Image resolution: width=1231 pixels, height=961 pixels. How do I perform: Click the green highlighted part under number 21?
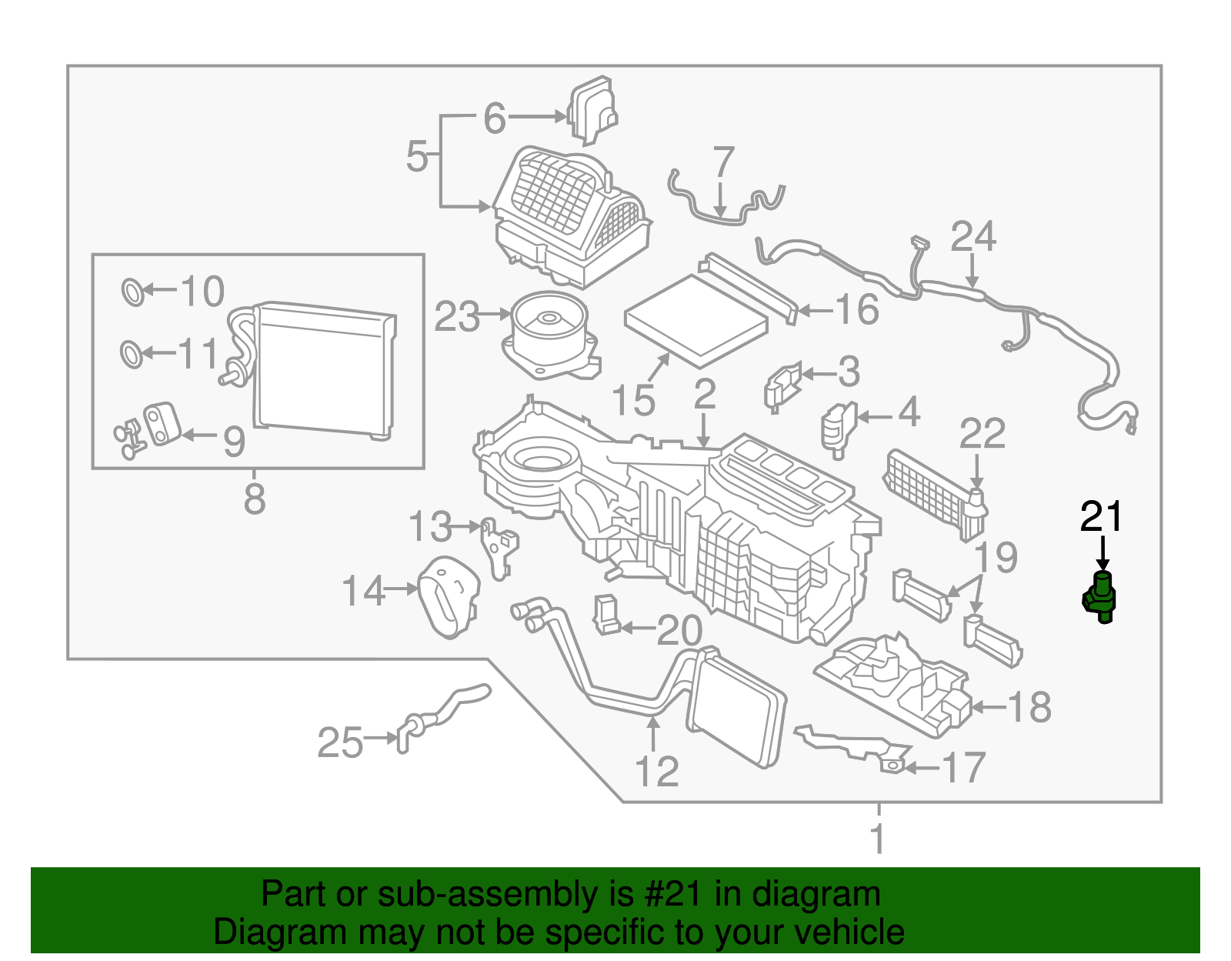tap(1101, 598)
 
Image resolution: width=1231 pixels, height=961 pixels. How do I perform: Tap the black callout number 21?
tap(1102, 517)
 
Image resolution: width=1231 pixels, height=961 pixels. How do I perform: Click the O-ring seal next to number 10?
tap(132, 292)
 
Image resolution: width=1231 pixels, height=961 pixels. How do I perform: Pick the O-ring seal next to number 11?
tap(132, 354)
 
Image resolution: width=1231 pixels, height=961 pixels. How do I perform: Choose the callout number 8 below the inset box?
tap(255, 498)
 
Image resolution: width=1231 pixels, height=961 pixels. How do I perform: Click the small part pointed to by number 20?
tap(606, 616)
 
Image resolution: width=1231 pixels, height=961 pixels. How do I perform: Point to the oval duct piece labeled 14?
tap(448, 596)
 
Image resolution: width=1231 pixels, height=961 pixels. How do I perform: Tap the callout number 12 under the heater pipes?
tap(657, 772)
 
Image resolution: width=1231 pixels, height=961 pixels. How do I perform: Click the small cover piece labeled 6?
tap(592, 110)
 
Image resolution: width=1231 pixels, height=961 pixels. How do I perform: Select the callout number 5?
tap(417, 156)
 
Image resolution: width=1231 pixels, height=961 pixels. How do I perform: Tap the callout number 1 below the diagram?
tap(878, 839)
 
